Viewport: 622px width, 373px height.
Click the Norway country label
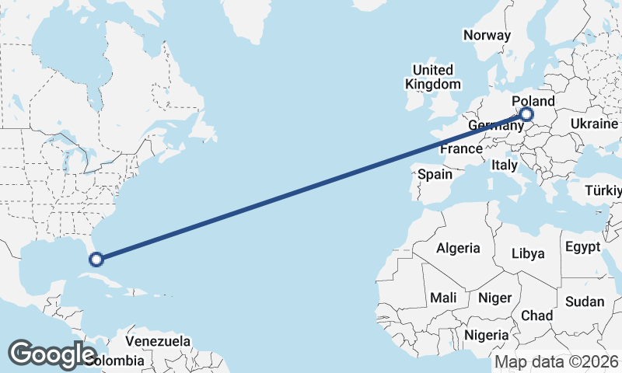point(487,35)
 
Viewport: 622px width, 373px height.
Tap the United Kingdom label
point(433,77)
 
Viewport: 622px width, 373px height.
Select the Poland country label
point(533,102)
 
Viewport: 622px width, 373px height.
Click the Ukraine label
point(594,124)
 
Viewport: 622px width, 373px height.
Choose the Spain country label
point(435,174)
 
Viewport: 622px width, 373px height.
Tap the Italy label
point(504,165)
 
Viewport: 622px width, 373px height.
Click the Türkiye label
point(603,190)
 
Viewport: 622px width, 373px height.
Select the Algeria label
point(458,249)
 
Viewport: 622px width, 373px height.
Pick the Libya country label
point(528,253)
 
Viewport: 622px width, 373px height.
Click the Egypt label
point(583,247)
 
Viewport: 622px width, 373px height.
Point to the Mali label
point(444,298)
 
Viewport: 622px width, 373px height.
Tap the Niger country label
point(494,298)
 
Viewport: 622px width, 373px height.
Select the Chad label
point(537,315)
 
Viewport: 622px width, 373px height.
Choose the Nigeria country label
point(486,335)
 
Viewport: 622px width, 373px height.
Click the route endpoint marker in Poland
point(527,115)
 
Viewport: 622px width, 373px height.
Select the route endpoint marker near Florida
point(96,259)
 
